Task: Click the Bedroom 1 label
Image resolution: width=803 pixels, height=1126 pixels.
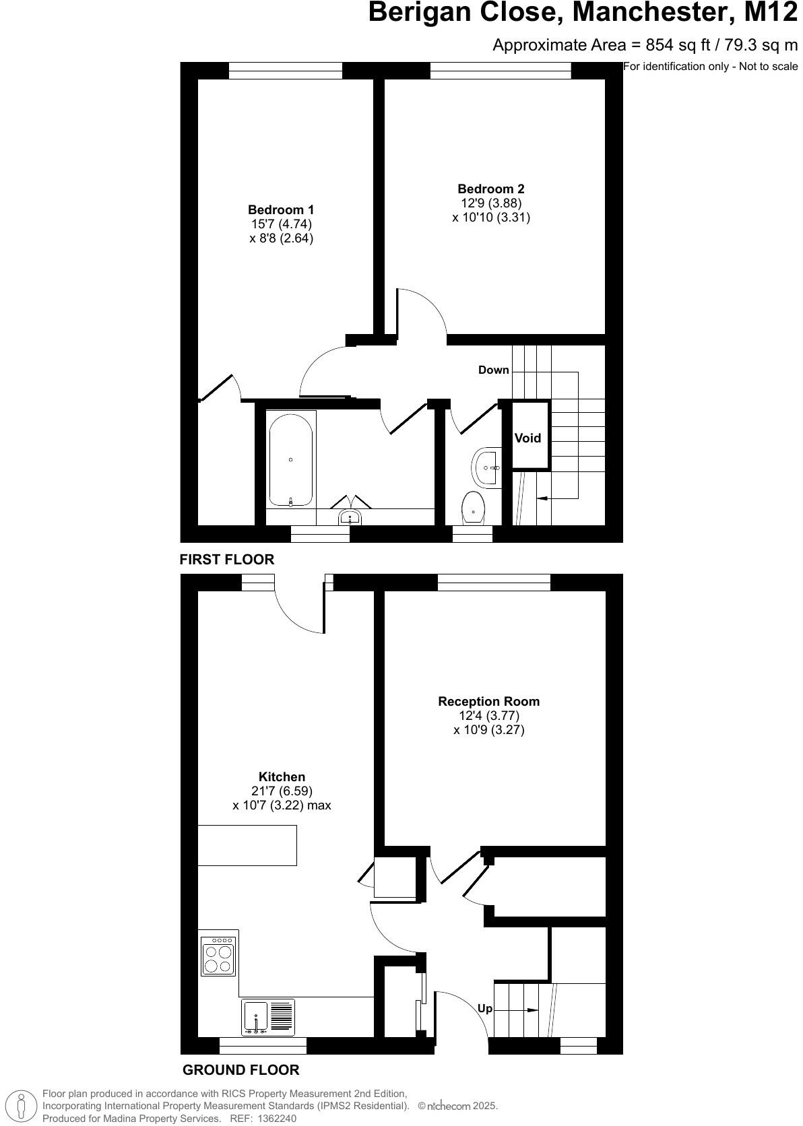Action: (281, 210)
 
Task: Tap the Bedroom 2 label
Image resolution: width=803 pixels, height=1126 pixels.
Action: (490, 189)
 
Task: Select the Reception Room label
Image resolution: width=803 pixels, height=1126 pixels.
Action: (488, 701)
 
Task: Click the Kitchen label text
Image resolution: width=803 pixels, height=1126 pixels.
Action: (282, 776)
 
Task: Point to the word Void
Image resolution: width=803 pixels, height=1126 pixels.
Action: (527, 438)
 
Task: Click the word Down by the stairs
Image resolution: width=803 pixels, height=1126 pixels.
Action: (493, 370)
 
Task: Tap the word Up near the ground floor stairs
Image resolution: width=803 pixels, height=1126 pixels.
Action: (485, 1009)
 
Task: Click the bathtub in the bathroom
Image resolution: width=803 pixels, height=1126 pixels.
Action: (290, 459)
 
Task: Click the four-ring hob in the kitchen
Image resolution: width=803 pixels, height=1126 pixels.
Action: (218, 956)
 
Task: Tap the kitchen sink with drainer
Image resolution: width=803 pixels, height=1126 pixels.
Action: (268, 1017)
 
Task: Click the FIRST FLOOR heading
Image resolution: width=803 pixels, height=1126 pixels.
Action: (227, 559)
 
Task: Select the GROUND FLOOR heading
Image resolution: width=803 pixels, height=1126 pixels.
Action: (240, 1069)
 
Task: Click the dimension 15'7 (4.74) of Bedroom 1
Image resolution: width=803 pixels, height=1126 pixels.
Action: (281, 224)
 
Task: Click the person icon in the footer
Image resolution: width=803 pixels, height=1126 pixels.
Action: (22, 1106)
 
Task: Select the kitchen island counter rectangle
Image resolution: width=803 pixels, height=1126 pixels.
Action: (247, 844)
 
